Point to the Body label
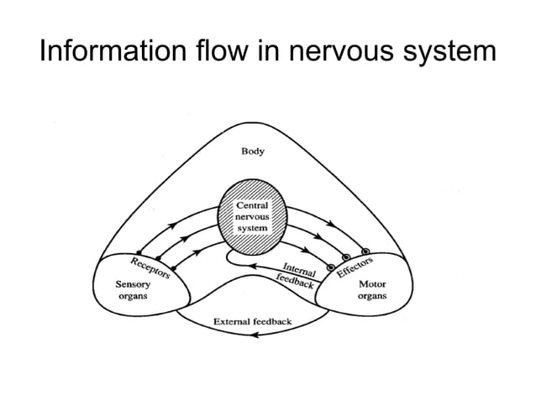click(x=253, y=151)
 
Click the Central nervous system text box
click(x=252, y=217)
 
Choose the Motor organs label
click(x=372, y=291)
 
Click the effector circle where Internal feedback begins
click(x=330, y=268)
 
